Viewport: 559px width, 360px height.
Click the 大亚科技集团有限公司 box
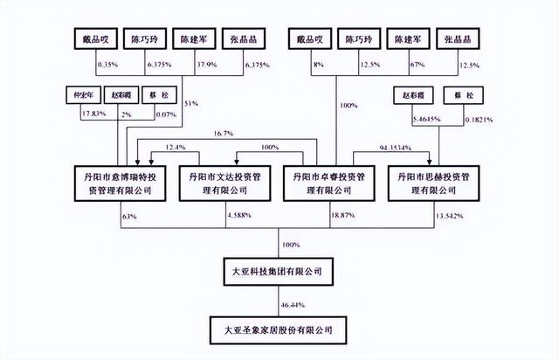279,273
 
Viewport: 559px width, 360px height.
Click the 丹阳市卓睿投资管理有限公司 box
335,182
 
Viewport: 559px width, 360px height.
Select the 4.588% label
241,214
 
